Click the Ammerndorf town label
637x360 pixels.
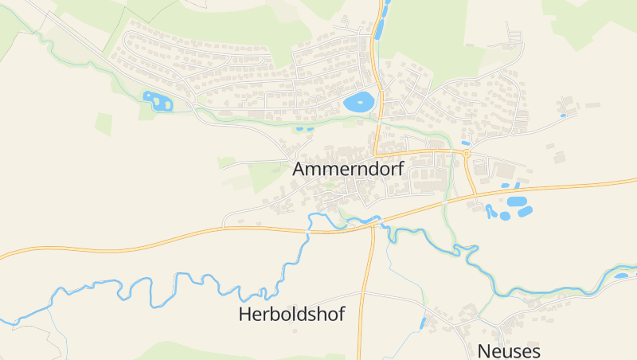348,169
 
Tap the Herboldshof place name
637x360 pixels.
291,314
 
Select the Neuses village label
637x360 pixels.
509,350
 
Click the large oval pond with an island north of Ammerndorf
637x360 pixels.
358,102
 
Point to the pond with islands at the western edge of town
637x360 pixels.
157,101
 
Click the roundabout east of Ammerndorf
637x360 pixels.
466,153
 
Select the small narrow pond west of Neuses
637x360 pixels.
424,323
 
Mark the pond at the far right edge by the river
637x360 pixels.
621,276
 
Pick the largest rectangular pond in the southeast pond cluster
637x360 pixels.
517,202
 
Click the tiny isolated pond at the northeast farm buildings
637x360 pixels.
563,115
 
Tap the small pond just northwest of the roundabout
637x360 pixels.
465,143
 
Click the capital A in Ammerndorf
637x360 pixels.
300,169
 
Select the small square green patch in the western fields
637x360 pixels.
103,123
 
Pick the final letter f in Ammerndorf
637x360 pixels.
400,169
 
